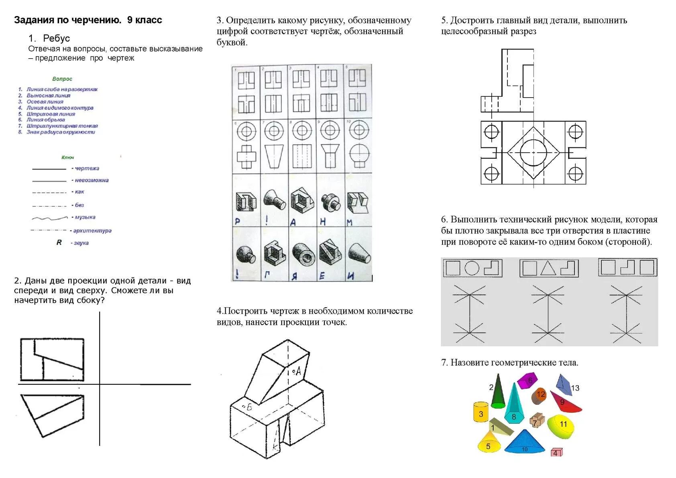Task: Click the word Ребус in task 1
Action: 56,39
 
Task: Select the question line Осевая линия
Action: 45,102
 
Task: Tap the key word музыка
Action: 85,217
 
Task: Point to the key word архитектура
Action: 92,231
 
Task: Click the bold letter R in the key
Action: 59,243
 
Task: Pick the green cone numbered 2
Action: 498,392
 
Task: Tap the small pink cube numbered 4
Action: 556,452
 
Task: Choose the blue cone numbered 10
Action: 524,443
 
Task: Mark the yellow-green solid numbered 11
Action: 561,426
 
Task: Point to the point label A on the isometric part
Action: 297,372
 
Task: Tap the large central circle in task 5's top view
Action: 533,153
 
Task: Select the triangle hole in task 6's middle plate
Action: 548,268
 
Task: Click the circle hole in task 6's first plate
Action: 472,268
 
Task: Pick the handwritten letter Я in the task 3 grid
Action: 294,276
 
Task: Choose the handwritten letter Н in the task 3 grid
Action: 323,221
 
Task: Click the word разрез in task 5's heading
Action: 523,31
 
